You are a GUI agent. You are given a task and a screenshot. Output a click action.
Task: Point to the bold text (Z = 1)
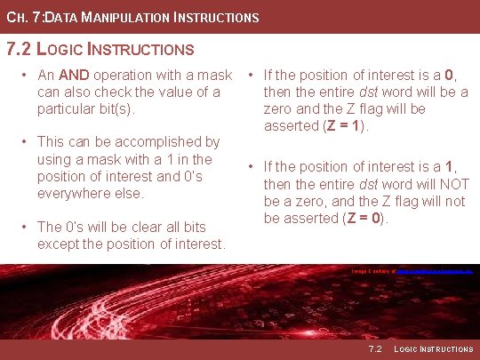(x=343, y=125)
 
